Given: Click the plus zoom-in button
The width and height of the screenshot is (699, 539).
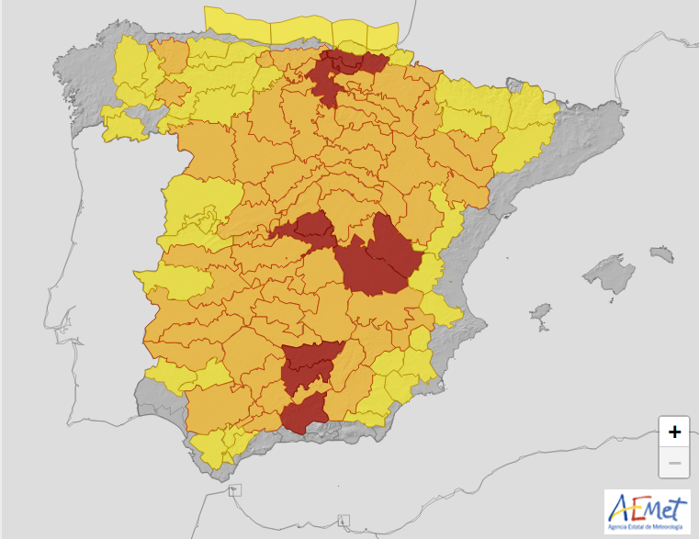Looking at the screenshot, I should pos(674,431).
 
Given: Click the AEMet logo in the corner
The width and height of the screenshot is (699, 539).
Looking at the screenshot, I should pos(647,509).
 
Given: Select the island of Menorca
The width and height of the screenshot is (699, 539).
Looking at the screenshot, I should pos(660,253).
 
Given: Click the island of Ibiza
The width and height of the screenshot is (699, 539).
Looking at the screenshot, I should pos(541,313).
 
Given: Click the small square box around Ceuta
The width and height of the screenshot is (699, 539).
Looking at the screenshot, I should pos(237,491).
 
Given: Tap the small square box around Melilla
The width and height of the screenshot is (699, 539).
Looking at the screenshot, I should pos(344,522).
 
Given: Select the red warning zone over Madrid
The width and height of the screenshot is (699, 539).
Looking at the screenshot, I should pos(307,229).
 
